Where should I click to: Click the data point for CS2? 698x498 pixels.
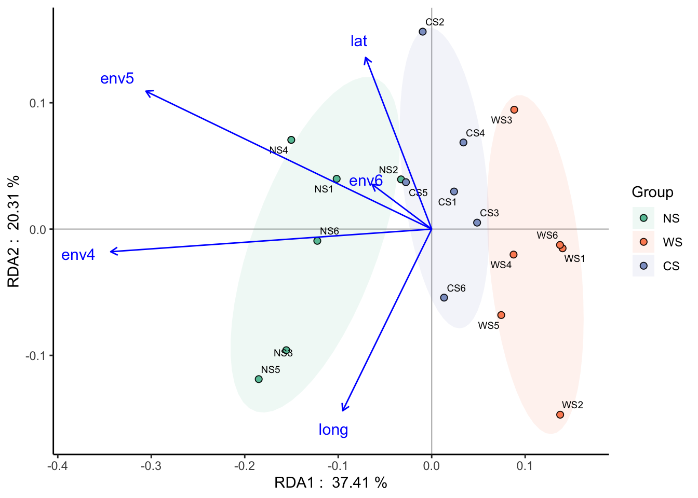423,32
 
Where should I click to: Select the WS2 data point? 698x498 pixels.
560,414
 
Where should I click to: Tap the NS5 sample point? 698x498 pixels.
259,379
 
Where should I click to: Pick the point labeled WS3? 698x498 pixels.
514,109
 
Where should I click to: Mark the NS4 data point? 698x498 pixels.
291,140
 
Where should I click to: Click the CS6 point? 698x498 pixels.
444,298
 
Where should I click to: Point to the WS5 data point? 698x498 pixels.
501,315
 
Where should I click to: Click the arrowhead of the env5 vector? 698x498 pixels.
146,91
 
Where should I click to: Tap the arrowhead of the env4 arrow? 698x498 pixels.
111,252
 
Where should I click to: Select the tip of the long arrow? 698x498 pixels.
342,410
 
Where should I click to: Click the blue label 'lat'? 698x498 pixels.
359,41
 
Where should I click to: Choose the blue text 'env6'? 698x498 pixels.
366,181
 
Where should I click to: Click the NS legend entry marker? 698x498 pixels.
643,218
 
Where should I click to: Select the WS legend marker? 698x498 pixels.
643,242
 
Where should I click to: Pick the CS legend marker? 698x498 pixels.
643,266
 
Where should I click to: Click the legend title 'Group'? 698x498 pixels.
652,192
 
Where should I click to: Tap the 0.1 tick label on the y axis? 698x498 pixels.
37,103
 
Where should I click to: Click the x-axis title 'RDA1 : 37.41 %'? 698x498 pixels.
331,483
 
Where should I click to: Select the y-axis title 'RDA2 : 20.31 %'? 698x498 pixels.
14,231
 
